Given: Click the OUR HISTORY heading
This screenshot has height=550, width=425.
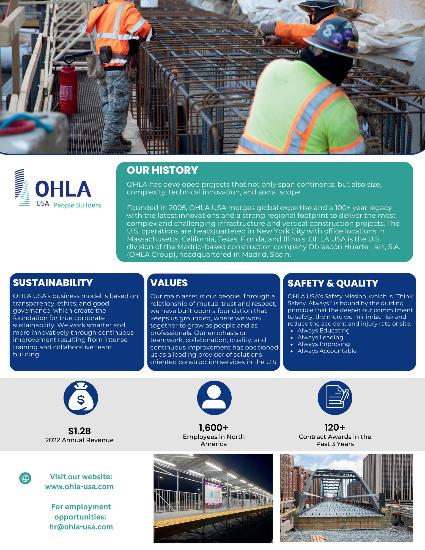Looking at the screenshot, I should tap(162, 170).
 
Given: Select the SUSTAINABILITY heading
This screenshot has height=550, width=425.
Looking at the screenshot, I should tap(53, 283).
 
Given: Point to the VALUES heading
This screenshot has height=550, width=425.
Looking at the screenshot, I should tap(169, 283).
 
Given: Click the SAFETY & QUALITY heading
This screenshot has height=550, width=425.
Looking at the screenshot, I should tap(333, 283).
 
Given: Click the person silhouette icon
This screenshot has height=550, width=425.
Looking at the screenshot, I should tap(214, 398).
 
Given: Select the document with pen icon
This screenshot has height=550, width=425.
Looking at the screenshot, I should tap(335, 398).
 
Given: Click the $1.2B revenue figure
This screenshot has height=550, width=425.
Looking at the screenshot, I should tap(79, 431).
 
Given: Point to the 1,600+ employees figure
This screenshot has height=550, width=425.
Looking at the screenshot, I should tap(214, 428).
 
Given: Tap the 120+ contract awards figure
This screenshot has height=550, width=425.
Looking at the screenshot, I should tap(335, 428).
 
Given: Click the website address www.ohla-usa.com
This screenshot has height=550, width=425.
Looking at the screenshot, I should tap(79, 487).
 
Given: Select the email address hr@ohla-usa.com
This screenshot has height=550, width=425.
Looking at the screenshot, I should tap(81, 527).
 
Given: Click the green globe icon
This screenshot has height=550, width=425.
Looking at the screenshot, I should tap(25, 478).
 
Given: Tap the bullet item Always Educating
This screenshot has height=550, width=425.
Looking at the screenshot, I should tap(323, 331).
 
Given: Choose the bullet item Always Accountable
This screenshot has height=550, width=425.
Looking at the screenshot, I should tap(327, 351).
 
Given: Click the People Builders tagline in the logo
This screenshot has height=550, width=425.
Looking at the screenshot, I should tap(77, 205).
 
